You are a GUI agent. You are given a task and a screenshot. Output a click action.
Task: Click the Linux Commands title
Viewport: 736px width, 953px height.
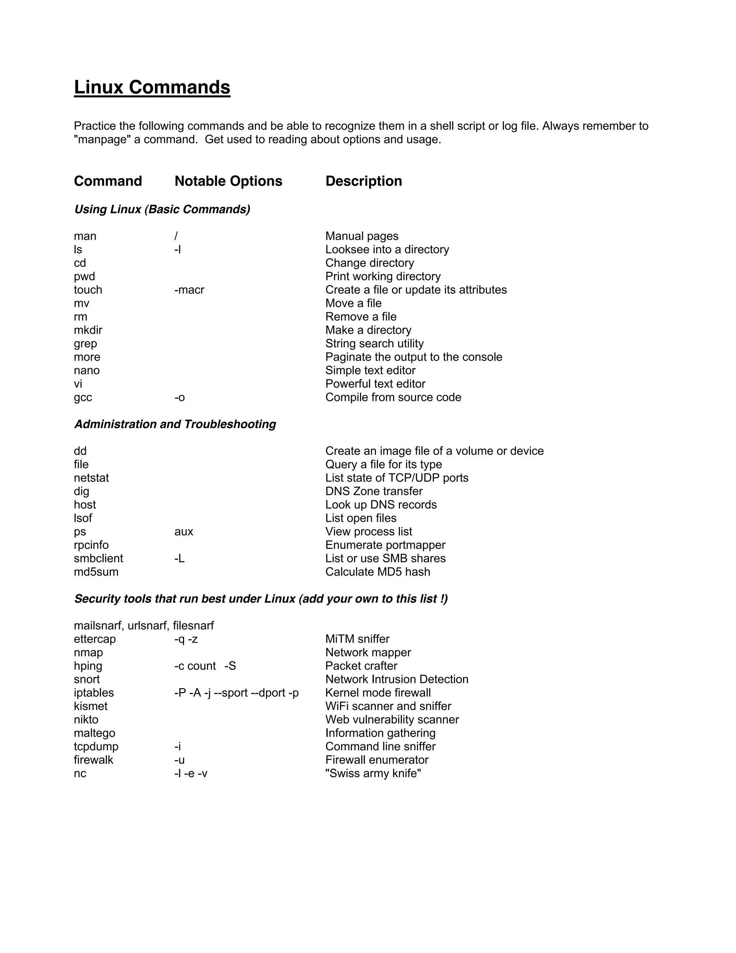(x=152, y=87)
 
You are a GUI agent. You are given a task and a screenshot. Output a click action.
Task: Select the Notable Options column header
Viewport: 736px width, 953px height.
(x=228, y=181)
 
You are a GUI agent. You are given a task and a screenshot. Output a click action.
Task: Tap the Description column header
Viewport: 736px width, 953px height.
(x=363, y=181)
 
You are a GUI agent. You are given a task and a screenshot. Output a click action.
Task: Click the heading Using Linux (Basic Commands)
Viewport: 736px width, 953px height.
(x=162, y=209)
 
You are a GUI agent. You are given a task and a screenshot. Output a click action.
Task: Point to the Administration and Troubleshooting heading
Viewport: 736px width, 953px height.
(x=175, y=424)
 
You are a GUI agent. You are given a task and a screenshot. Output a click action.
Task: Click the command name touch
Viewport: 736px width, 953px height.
(x=88, y=290)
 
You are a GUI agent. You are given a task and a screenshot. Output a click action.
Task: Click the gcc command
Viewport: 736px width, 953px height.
(x=83, y=397)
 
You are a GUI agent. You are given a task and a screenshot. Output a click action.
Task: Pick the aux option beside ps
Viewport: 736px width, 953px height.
(x=183, y=532)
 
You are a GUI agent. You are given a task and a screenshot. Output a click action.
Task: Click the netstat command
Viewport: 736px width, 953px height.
(x=91, y=478)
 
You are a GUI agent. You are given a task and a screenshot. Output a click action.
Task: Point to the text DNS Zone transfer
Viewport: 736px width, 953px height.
(x=374, y=491)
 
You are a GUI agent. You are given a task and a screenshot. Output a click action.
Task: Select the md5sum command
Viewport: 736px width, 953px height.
(x=96, y=572)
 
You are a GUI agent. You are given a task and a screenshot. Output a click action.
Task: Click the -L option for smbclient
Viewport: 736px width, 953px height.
(x=179, y=558)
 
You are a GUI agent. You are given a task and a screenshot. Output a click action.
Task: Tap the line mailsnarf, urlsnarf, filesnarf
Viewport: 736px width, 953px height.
(x=143, y=626)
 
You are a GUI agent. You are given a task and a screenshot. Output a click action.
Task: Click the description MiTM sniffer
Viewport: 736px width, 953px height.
(x=357, y=639)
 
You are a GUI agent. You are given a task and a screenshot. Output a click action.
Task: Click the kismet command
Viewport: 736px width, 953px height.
(x=90, y=706)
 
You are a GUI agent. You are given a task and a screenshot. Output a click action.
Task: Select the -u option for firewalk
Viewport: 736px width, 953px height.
(x=179, y=760)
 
